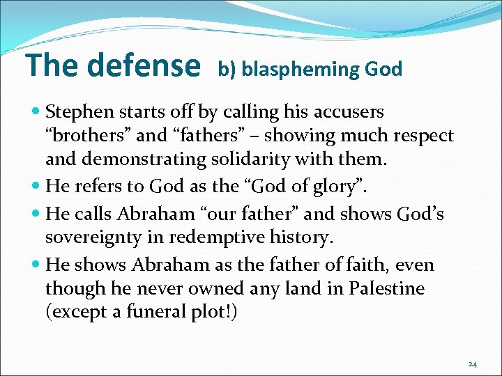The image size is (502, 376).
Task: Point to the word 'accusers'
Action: [x=349, y=111]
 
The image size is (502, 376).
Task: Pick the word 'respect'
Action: [x=420, y=135]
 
